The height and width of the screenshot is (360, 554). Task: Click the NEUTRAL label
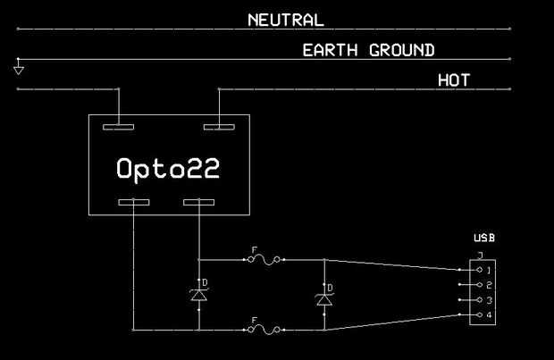(286, 21)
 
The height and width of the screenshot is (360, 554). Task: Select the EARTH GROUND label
(368, 50)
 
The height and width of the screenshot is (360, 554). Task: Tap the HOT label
(454, 80)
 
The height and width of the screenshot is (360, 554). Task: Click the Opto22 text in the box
(168, 169)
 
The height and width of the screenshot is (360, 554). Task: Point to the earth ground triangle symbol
(19, 71)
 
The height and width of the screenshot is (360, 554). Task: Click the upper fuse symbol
(264, 260)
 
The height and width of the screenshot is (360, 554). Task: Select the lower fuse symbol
(264, 330)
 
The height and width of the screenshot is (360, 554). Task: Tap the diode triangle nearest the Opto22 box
(199, 296)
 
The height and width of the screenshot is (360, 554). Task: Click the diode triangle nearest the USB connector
(324, 300)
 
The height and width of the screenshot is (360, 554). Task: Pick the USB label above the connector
(484, 239)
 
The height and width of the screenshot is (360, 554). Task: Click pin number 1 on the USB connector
(489, 271)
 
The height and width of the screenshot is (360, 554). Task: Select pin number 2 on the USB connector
(489, 285)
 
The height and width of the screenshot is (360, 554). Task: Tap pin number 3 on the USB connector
(489, 300)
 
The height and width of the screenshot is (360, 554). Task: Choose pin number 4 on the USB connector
(489, 314)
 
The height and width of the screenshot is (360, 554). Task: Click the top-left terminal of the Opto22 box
(118, 127)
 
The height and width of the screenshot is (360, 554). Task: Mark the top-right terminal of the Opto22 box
(219, 127)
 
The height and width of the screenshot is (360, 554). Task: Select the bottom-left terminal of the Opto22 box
(134, 203)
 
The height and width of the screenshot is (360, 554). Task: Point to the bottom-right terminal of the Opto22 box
(198, 203)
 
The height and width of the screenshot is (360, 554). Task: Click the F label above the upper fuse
(254, 250)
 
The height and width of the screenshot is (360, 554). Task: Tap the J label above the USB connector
(480, 255)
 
